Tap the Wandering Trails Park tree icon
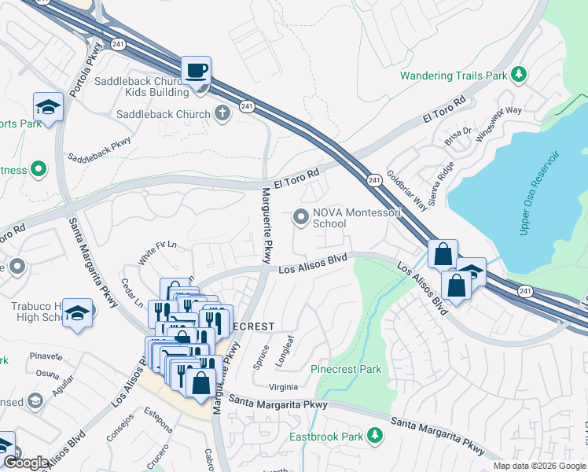(x=518, y=75)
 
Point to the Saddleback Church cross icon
(x=223, y=113)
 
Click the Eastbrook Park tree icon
(x=376, y=435)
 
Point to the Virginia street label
(x=283, y=386)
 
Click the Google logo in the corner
(x=26, y=463)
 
